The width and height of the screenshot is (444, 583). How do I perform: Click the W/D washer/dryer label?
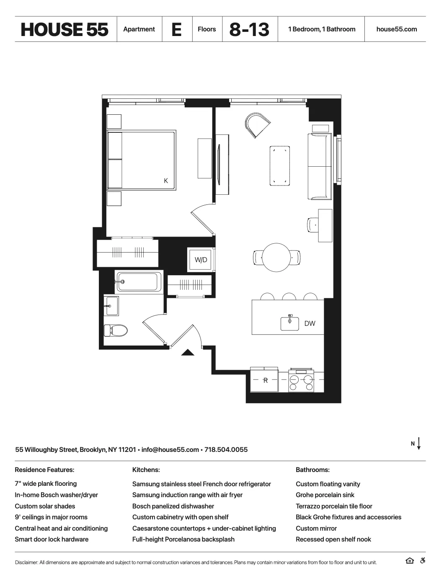pos(201,260)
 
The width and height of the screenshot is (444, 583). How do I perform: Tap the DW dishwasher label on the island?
pos(310,323)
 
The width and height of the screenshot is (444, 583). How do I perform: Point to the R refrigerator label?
pos(265,381)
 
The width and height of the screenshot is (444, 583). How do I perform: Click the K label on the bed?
pos(166,181)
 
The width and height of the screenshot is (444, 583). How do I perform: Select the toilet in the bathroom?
pos(116,330)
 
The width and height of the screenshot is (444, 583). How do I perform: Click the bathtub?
pos(139,282)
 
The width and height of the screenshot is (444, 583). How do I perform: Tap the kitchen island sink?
pos(290,323)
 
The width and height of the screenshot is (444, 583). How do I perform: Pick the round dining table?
pos(276,257)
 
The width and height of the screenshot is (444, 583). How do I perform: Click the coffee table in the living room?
pos(279,166)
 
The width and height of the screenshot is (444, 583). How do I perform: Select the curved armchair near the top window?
pos(257,124)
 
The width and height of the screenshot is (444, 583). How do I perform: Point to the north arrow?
pos(418,444)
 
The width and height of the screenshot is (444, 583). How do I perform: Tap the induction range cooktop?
pos(302,380)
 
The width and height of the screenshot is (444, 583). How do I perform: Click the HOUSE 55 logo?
pos(65,29)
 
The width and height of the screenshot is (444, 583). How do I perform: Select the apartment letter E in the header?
pos(177,29)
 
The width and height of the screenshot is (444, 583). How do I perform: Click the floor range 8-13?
pos(250,29)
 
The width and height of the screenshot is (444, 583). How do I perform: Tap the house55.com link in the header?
pos(397,29)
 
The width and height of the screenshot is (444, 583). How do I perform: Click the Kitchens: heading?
pos(146,470)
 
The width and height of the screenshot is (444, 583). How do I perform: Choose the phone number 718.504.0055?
pos(226,450)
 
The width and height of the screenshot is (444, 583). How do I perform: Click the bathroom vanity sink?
pos(112,306)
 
